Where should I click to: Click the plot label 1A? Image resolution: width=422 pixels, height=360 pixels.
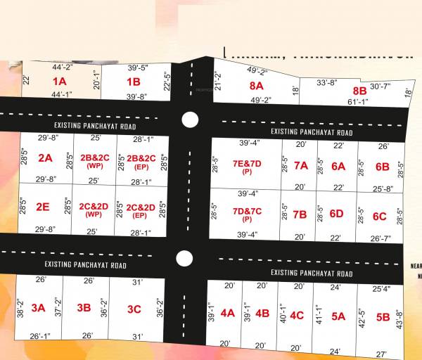59,82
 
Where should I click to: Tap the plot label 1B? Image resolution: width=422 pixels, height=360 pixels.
134,82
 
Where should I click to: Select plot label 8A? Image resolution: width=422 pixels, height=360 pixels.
256,85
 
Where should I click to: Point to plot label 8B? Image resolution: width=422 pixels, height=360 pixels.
359,91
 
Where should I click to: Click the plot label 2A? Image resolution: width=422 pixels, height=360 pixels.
46,157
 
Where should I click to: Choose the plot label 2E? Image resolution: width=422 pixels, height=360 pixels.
43,207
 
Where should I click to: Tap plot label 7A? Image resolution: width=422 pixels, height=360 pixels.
300,166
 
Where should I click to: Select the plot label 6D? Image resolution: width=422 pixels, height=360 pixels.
336,214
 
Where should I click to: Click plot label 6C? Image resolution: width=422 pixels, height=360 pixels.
380,216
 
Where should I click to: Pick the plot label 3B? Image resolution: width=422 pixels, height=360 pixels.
84,307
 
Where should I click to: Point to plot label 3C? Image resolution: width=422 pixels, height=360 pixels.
134,309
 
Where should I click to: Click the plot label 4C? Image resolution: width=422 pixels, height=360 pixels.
297,315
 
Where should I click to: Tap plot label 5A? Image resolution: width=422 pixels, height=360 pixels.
338,316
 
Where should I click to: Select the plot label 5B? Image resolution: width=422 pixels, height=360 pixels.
383,317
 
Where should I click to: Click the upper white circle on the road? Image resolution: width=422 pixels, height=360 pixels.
188,120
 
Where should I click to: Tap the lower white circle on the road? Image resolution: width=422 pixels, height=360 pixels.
184,258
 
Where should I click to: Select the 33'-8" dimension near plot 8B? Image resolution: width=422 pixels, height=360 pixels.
327,82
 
